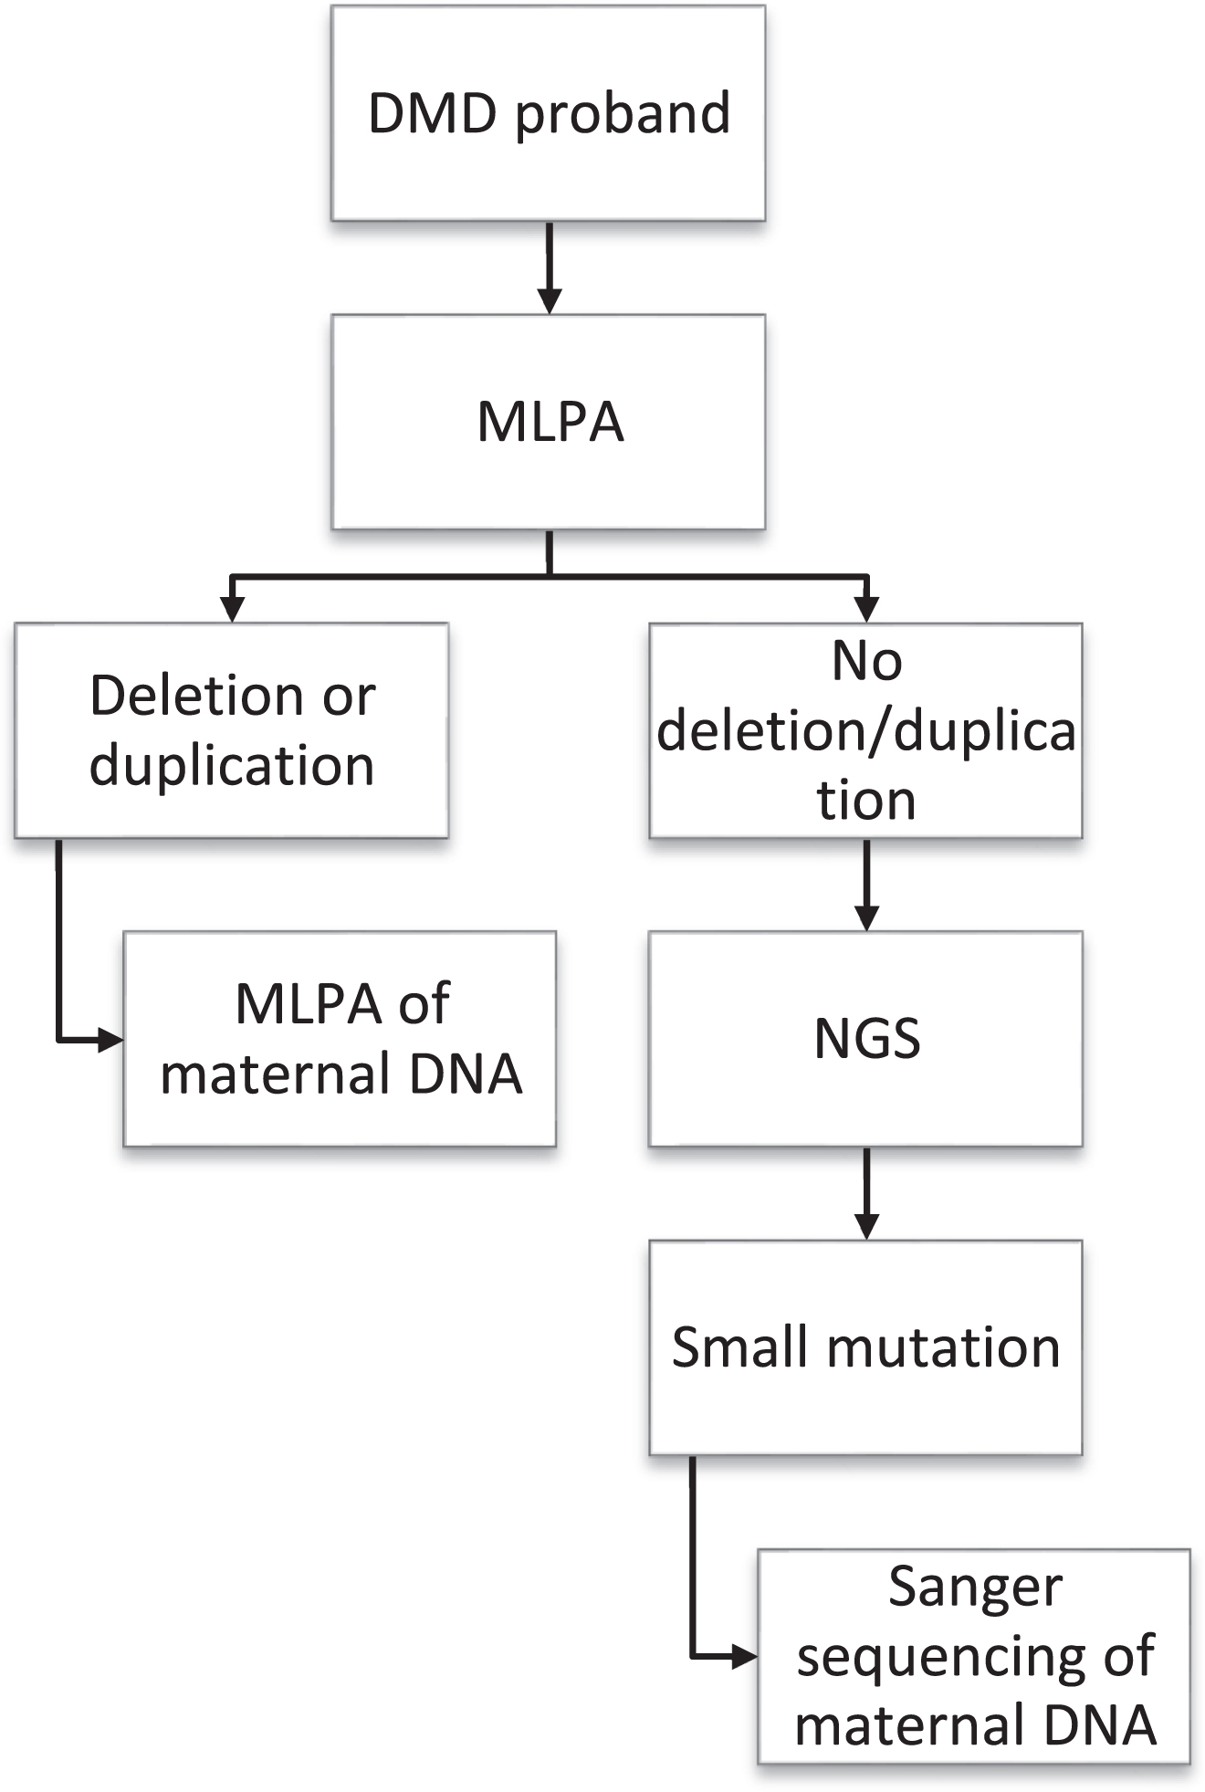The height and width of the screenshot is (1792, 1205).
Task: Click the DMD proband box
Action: [548, 113]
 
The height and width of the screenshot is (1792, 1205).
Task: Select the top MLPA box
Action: [548, 422]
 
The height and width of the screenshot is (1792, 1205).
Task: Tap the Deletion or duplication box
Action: [231, 730]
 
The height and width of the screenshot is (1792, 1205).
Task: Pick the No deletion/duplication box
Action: [865, 730]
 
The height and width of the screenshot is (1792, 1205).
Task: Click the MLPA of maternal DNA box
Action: [340, 1039]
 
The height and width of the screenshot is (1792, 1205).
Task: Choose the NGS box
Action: [865, 1039]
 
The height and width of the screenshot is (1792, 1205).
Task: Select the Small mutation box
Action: [865, 1347]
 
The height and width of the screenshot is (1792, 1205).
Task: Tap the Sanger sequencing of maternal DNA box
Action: [974, 1656]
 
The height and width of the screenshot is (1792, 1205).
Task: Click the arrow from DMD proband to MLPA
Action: [549, 268]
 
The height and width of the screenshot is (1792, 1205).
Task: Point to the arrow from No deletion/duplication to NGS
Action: [866, 886]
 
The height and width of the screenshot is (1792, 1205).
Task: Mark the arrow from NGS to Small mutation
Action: [866, 1194]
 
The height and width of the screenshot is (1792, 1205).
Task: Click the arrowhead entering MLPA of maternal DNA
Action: [111, 1039]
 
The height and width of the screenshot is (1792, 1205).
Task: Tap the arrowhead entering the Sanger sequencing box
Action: [746, 1656]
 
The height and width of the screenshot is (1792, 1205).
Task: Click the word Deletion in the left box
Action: [196, 697]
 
